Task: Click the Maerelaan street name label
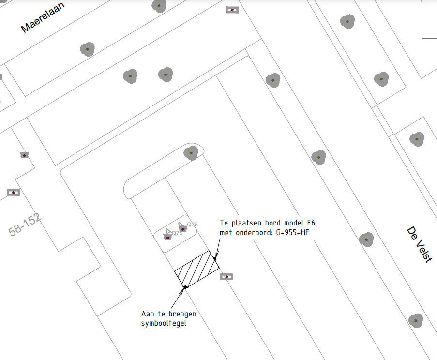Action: point(43,17)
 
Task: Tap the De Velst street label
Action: point(420,244)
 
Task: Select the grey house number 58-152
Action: point(25,225)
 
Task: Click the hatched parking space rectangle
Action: point(197,269)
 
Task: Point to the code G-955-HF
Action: point(292,232)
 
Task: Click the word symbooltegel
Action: point(164,323)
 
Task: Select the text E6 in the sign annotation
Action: point(311,223)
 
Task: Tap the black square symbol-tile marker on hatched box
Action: point(185,287)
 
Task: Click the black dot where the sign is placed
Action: point(215,258)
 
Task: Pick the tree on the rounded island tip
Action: point(191,153)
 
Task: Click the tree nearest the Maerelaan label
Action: point(87,49)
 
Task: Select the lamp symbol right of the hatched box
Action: point(226,277)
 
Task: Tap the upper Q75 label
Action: point(192,225)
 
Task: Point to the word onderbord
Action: point(254,232)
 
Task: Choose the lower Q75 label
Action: point(177,233)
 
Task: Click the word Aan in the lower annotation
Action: point(148,314)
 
